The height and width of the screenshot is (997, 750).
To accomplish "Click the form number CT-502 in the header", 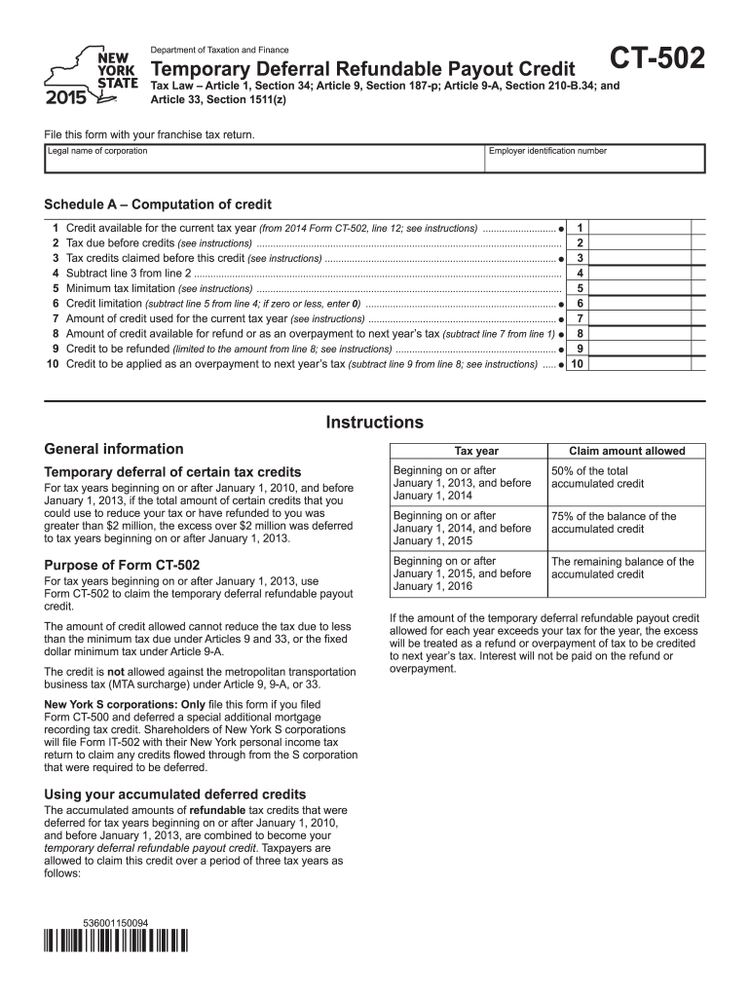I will tap(656, 60).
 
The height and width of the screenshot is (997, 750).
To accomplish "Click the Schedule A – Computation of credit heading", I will tap(158, 204).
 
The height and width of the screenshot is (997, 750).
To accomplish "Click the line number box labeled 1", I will tap(580, 228).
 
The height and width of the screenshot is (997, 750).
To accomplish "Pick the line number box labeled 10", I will tap(579, 364).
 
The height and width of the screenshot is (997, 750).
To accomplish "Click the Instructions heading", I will tap(375, 423).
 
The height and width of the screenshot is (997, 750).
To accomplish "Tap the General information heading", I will tap(114, 449).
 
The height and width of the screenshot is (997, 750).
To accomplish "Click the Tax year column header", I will tap(476, 451).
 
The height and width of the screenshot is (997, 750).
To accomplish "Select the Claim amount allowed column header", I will tap(626, 451).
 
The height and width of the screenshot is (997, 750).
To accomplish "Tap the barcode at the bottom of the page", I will tap(116, 942).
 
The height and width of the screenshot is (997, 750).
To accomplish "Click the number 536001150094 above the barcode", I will tap(116, 922).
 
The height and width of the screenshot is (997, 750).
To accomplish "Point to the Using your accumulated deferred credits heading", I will tap(175, 794).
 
